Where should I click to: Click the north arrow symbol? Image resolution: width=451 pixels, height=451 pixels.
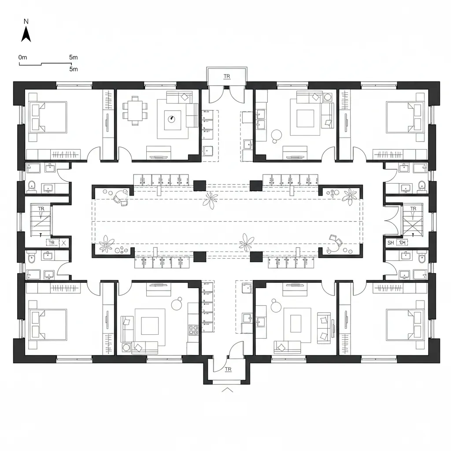click(26, 34)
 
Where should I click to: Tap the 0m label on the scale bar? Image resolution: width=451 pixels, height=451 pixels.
click(23, 57)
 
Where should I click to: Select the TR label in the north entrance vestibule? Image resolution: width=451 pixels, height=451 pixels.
click(227, 77)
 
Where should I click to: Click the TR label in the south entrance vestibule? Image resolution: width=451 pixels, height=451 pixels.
click(228, 369)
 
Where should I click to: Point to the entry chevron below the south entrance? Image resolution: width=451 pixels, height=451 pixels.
click(227, 389)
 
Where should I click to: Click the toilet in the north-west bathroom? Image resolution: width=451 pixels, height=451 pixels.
click(31, 186)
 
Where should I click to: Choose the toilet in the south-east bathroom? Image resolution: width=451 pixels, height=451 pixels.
click(421, 259)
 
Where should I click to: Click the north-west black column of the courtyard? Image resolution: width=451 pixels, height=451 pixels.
click(200, 185)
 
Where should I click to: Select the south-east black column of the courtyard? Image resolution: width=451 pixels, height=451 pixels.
click(256, 257)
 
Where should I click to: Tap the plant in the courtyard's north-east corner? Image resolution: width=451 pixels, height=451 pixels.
click(350, 196)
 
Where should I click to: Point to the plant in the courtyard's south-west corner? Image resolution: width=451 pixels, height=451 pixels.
click(106, 244)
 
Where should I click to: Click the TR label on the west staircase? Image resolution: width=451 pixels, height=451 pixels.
click(41, 209)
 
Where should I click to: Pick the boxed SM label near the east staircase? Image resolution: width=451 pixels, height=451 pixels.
click(402, 242)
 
